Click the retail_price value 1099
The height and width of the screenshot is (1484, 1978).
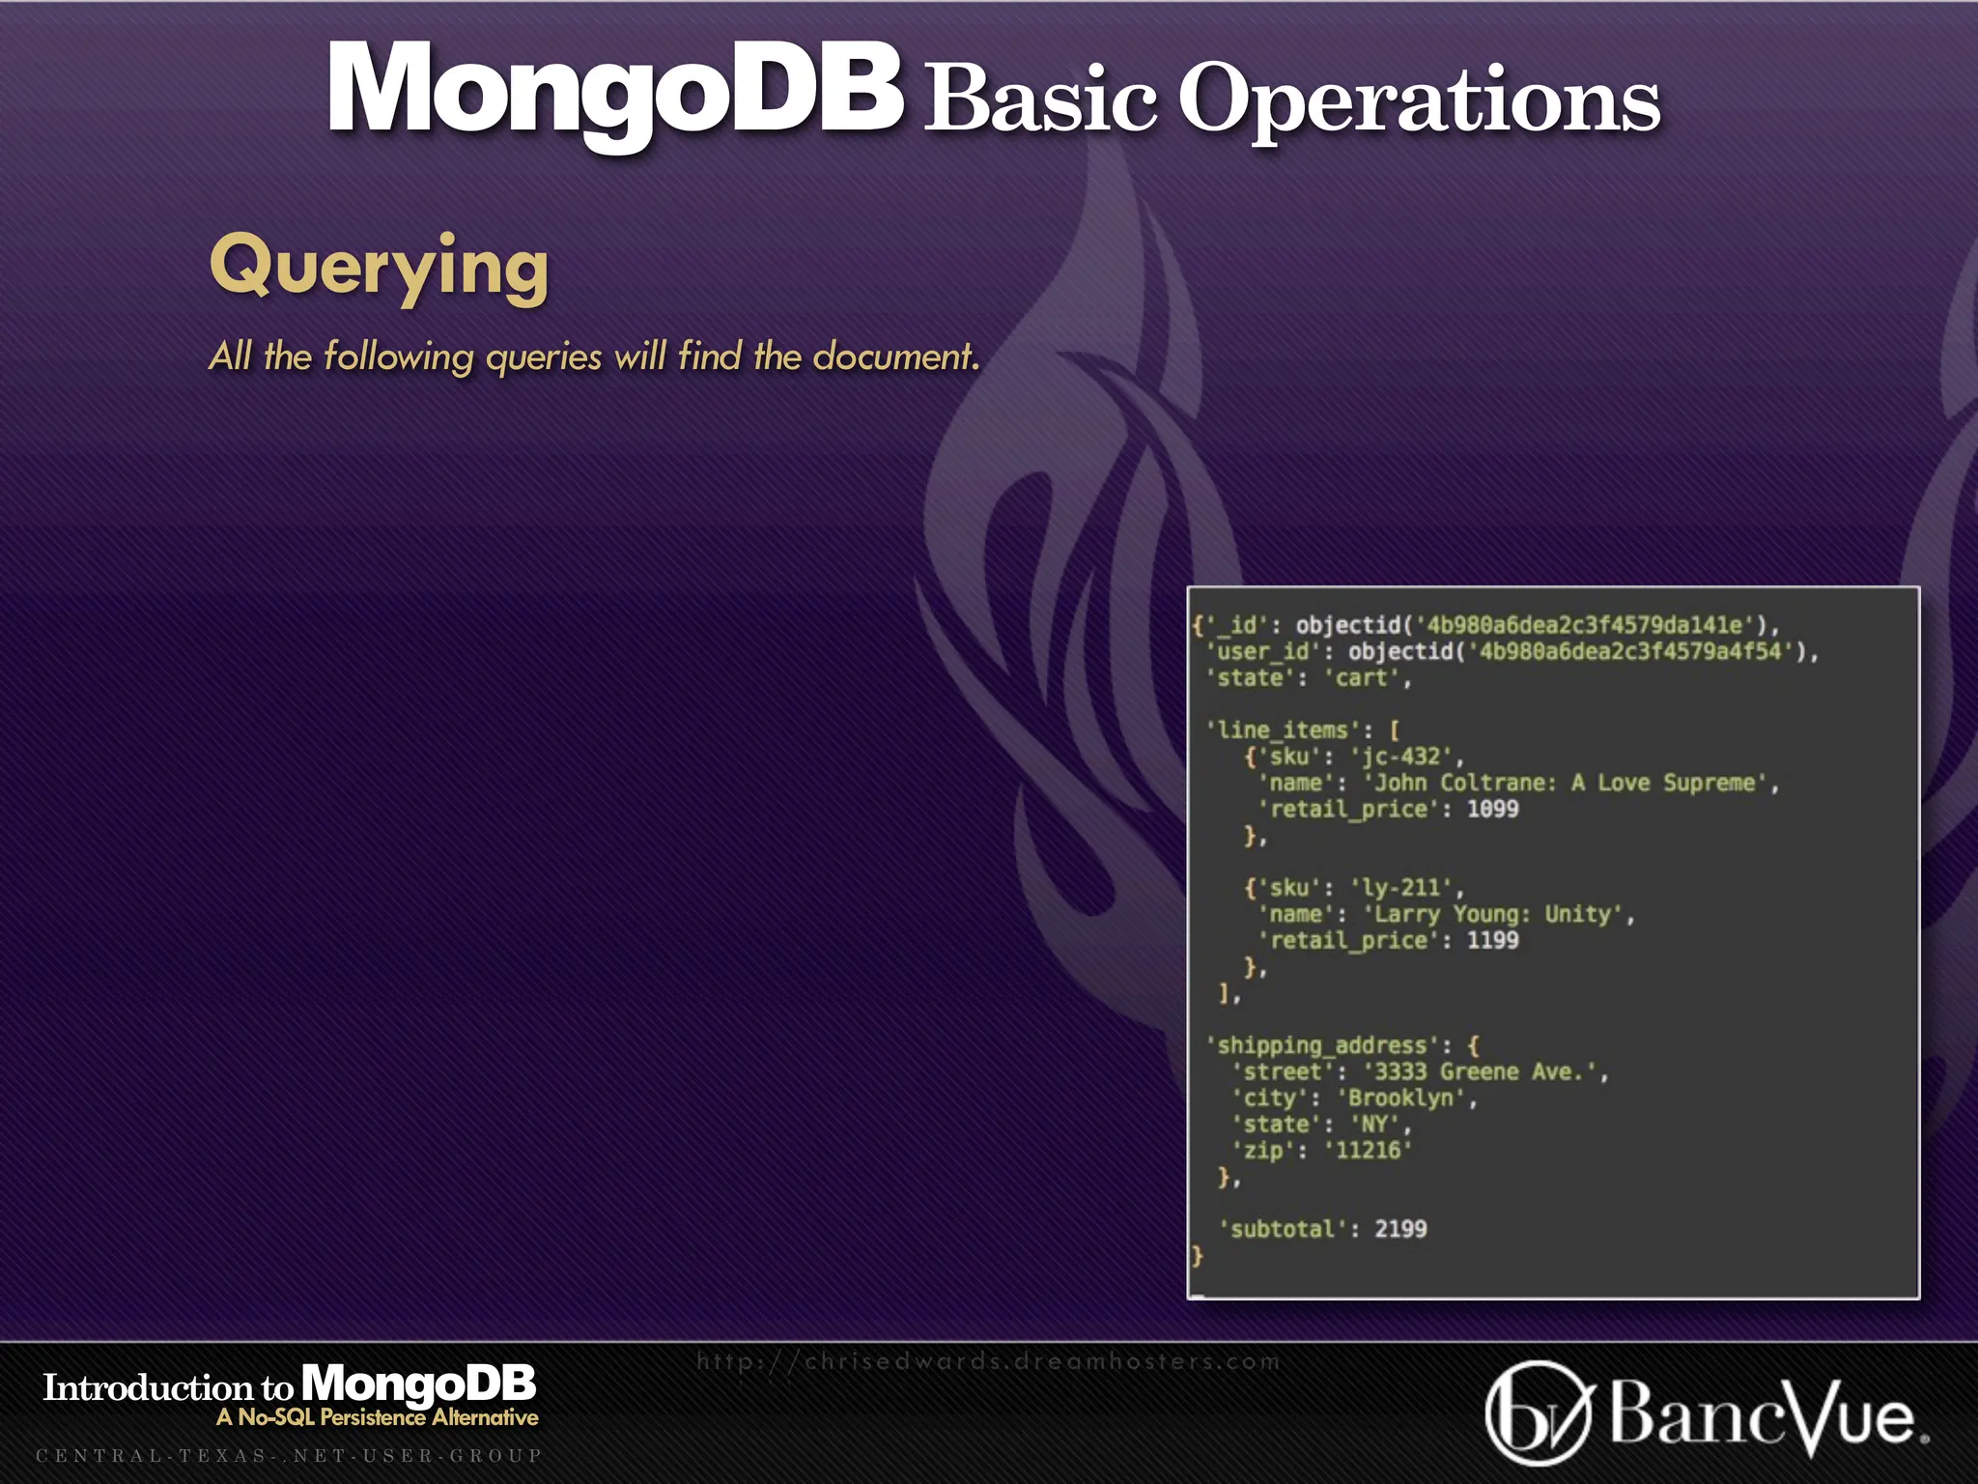[1492, 809]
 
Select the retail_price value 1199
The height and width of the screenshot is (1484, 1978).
[1492, 940]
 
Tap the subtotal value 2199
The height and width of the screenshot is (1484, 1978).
[1400, 1229]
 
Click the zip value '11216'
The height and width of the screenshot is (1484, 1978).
[1368, 1150]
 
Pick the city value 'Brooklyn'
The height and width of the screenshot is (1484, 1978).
[1405, 1098]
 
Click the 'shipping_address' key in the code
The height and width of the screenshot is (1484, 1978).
[1328, 1045]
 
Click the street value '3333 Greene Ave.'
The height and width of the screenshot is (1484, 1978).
[1483, 1071]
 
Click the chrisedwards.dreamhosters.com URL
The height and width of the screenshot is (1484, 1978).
[988, 1361]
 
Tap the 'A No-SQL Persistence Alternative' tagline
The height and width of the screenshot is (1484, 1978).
[377, 1417]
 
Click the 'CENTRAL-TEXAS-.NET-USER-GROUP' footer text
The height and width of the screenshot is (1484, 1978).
[289, 1455]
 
